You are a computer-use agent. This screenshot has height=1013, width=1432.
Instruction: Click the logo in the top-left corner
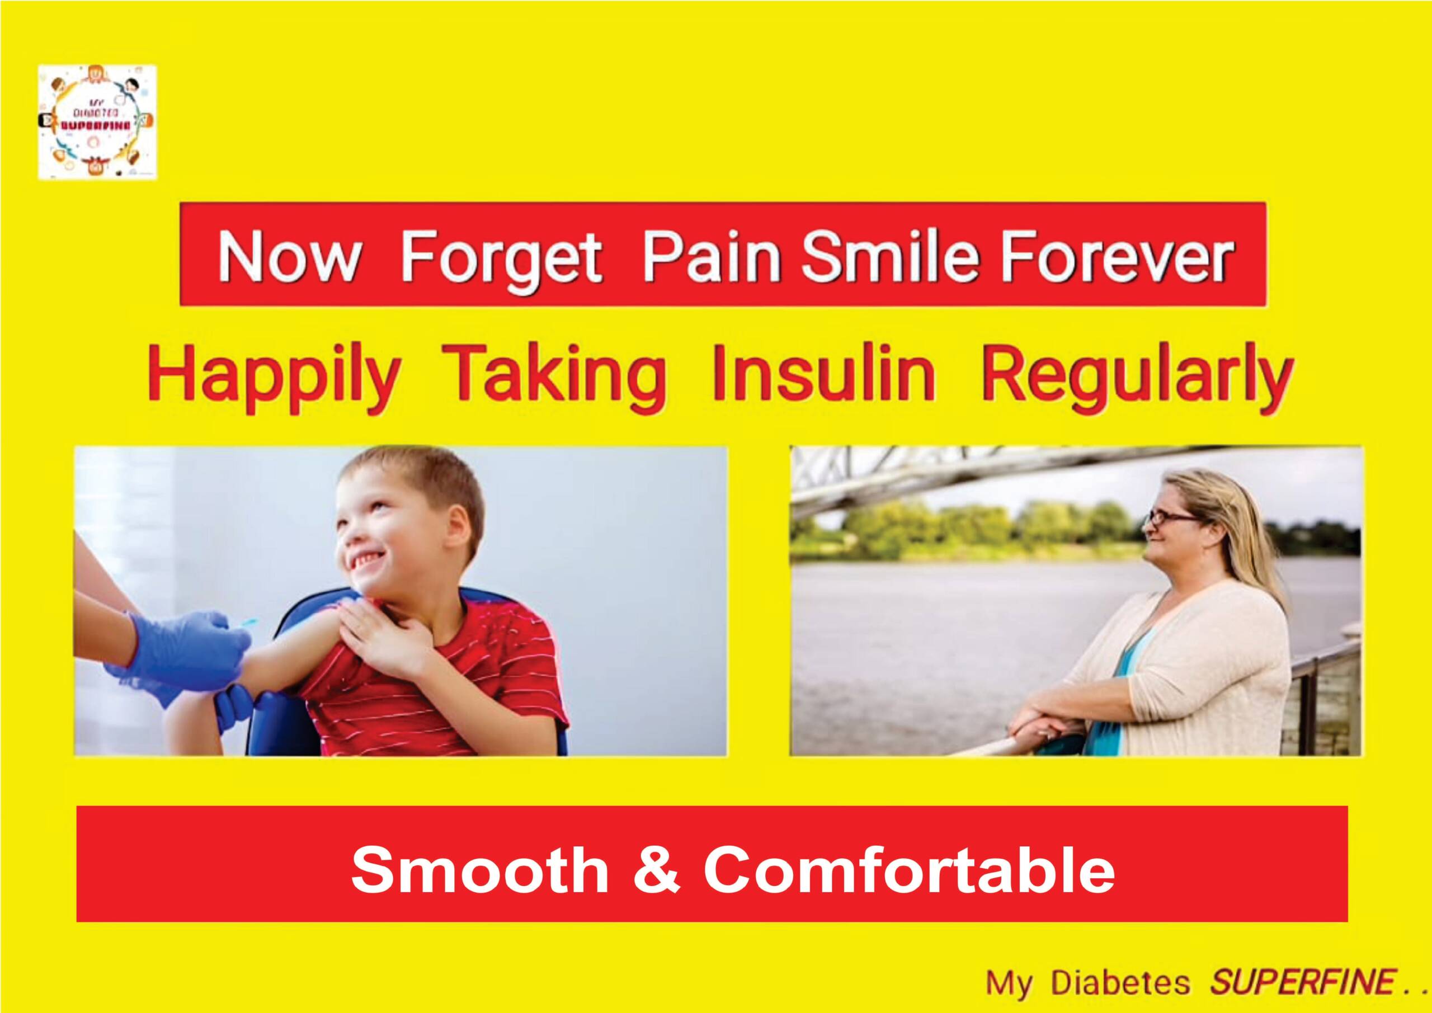point(97,122)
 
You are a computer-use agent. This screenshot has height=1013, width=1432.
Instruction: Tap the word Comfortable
point(910,871)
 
